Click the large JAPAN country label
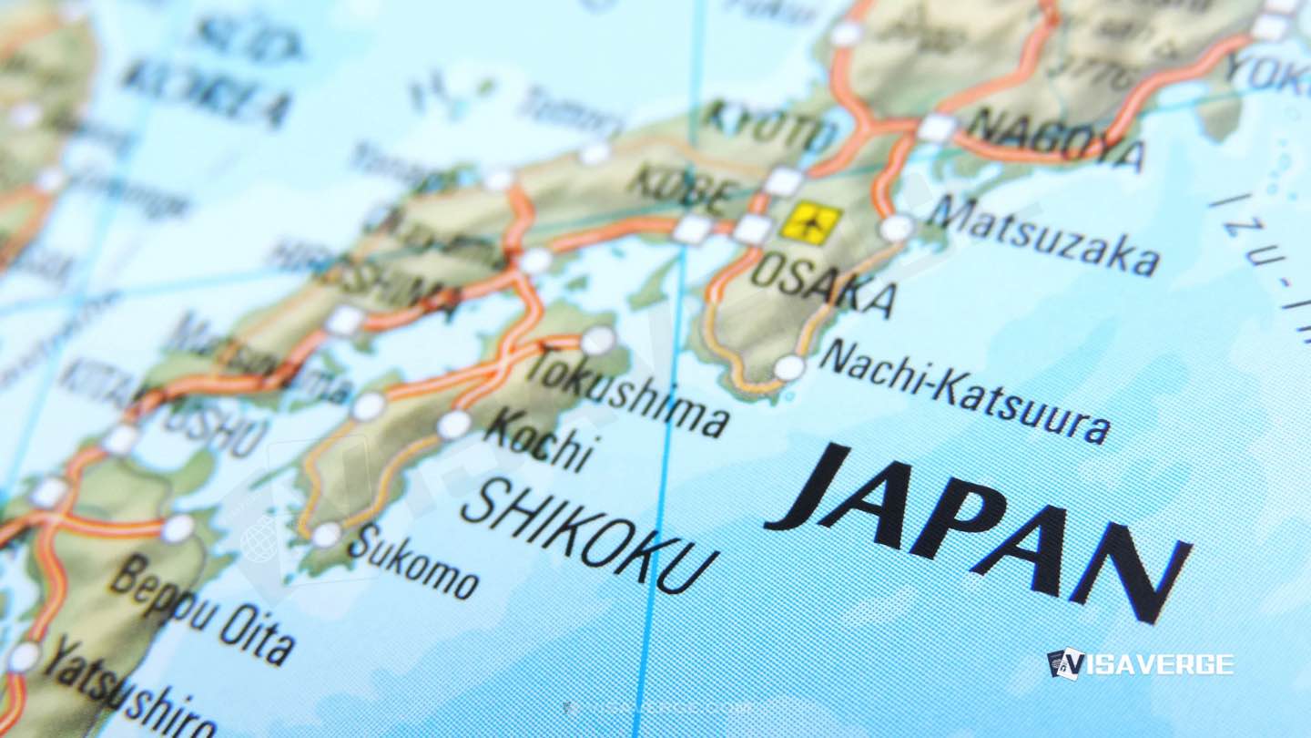(x=979, y=528)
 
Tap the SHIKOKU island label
(x=588, y=537)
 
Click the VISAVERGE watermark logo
(x=1140, y=663)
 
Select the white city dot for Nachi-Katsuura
(x=788, y=368)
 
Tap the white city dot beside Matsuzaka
(x=897, y=227)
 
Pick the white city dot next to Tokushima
(x=597, y=341)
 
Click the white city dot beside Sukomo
(x=325, y=535)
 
